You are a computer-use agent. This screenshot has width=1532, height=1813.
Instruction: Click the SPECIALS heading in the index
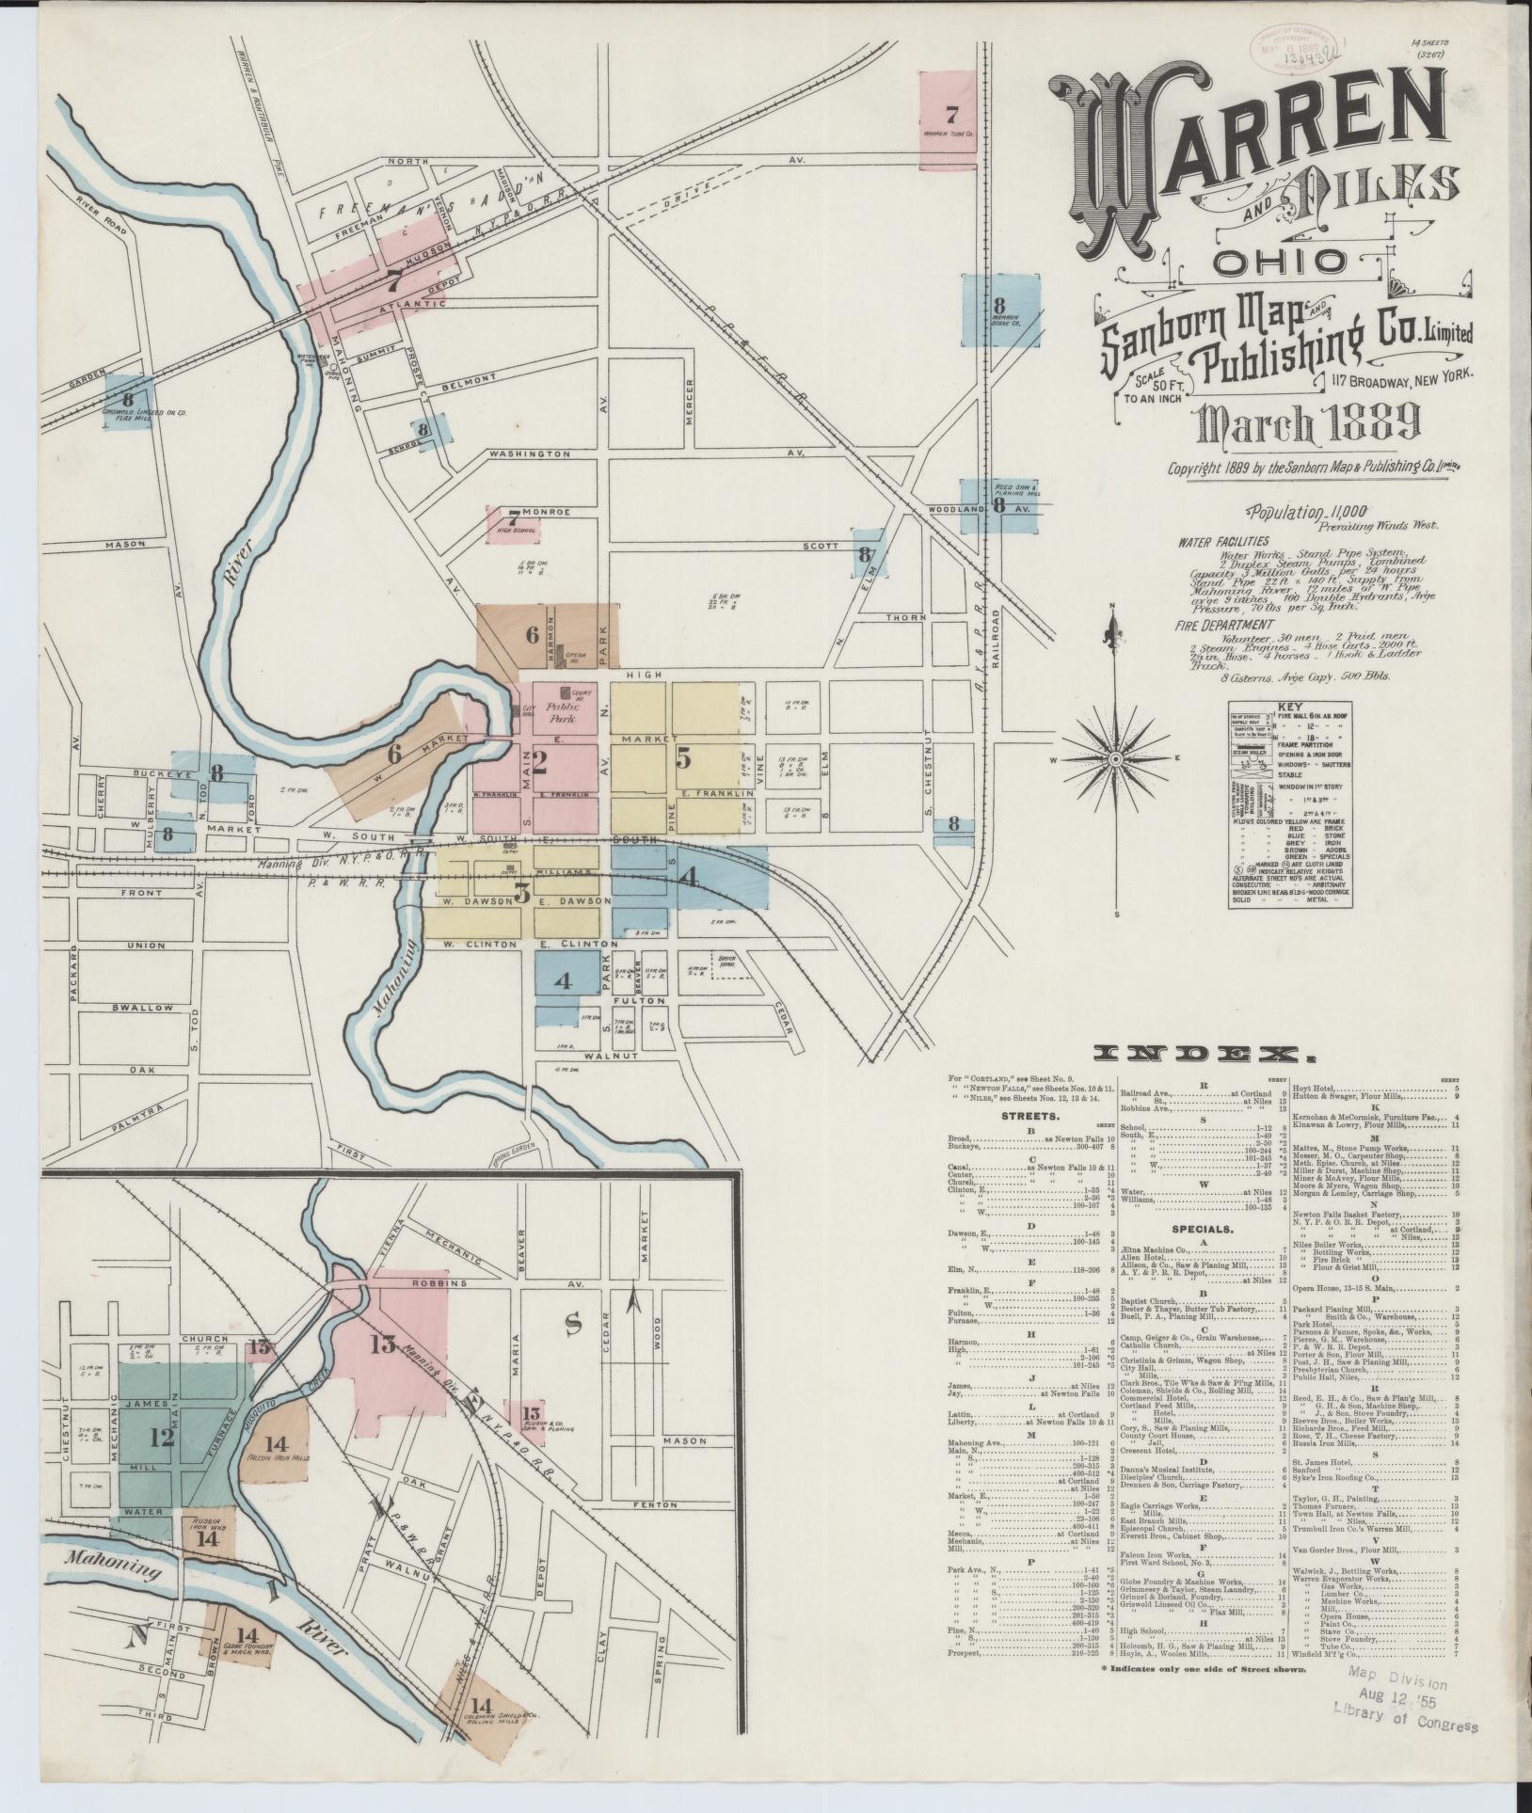1197,1229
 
